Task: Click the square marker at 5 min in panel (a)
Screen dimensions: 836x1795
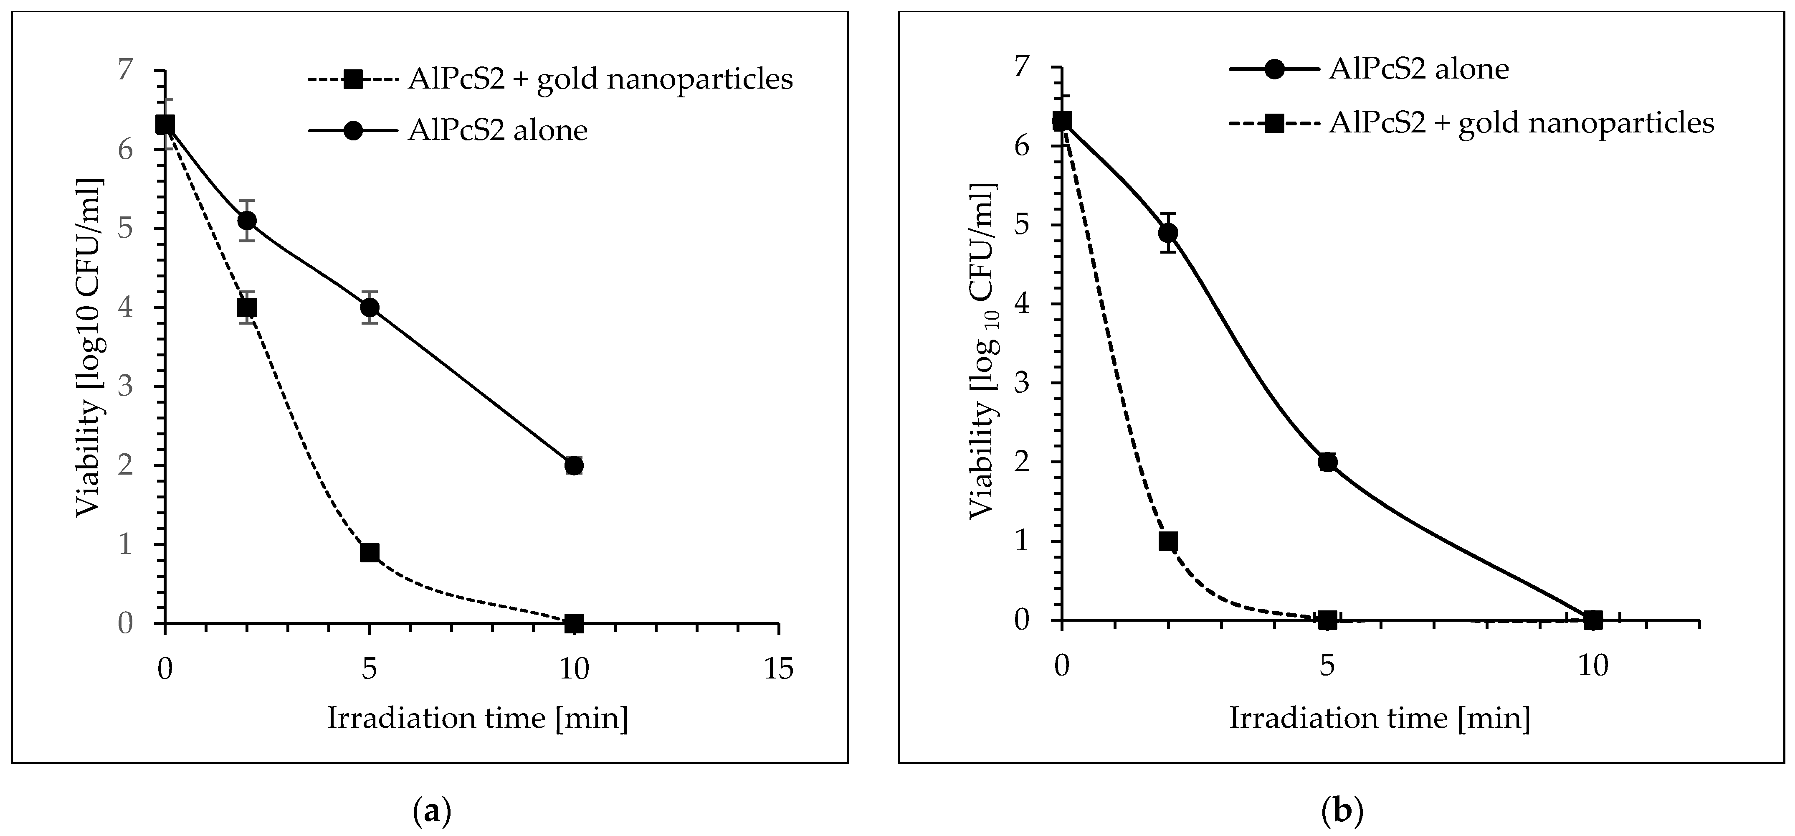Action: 369,552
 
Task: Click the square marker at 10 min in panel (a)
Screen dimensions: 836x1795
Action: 573,623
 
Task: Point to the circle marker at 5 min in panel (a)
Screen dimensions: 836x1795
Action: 369,307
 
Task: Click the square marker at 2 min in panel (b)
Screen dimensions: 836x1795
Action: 1168,541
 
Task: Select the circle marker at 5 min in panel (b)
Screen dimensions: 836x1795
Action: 1327,462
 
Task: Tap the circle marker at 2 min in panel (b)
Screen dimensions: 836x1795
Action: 1168,232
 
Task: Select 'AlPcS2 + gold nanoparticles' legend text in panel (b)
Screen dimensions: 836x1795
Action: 1521,123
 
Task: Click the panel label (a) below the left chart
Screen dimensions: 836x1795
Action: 432,812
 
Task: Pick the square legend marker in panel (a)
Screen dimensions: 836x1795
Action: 353,79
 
